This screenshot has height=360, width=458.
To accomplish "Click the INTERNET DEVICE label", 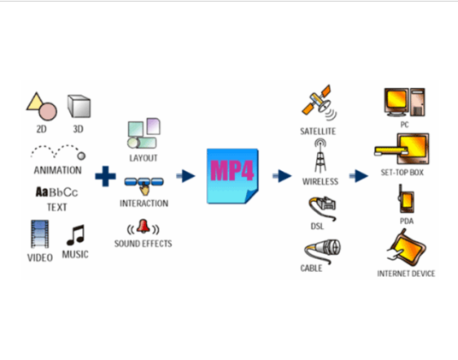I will coord(406,274).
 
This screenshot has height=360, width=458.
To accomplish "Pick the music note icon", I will coord(76,234).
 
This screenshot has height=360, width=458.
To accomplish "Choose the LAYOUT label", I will coord(143,157).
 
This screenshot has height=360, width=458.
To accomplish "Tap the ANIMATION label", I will coord(57,169).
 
